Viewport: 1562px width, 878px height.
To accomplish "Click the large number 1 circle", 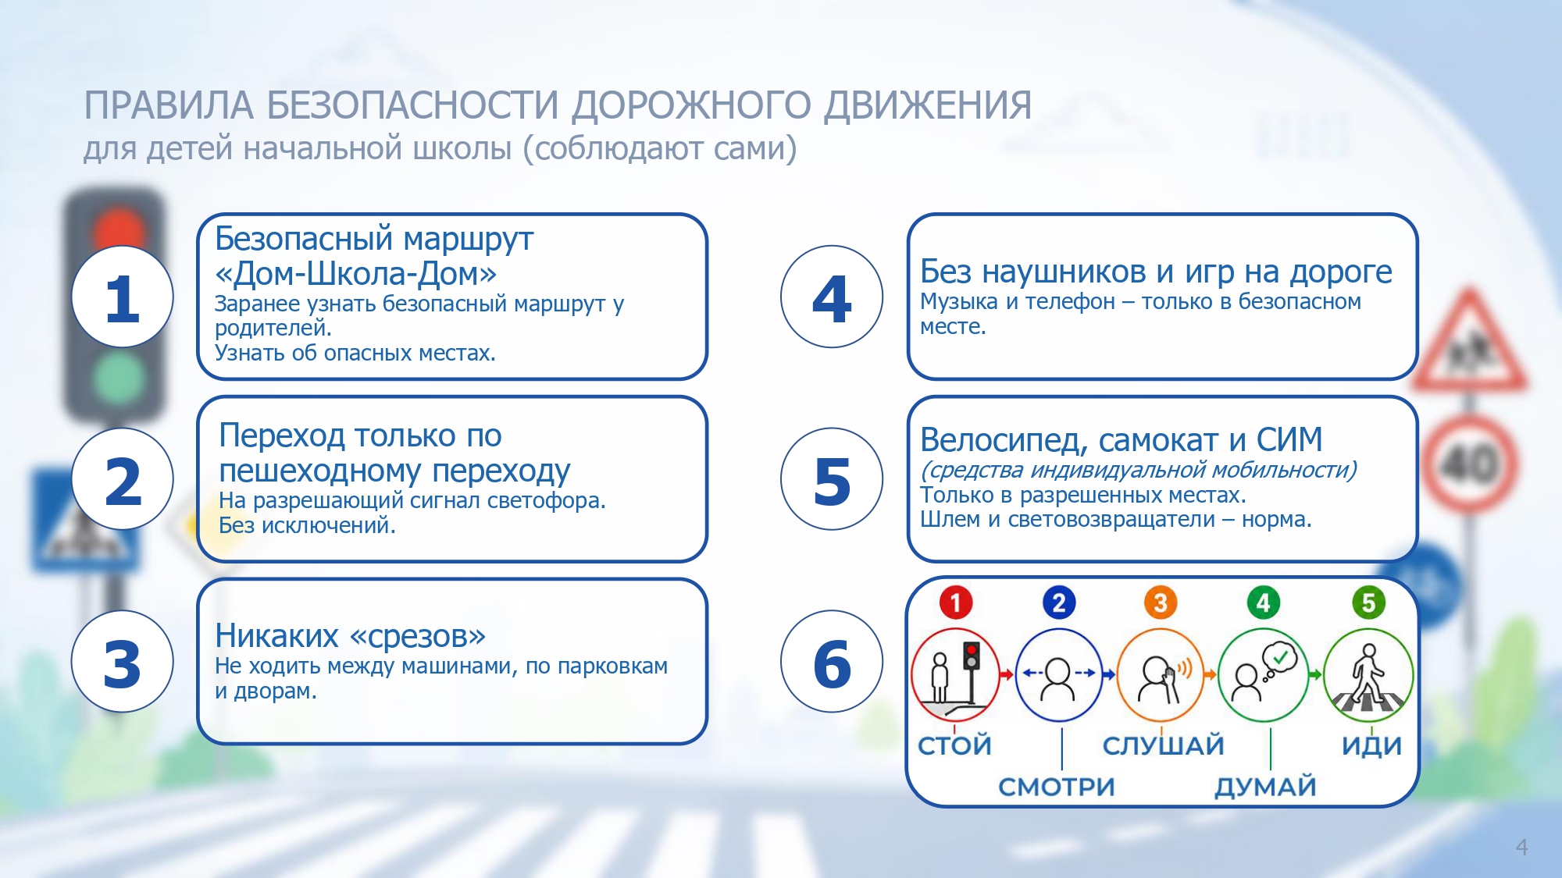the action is tap(123, 297).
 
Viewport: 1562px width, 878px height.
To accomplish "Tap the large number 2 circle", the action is tap(123, 479).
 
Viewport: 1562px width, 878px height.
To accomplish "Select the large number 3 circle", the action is tap(123, 661).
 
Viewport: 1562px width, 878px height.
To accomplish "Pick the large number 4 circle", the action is tap(832, 297).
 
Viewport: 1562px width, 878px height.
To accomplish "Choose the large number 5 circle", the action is tap(832, 479).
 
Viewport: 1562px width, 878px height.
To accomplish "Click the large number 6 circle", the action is tap(832, 661).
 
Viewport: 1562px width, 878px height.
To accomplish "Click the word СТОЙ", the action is tap(954, 745).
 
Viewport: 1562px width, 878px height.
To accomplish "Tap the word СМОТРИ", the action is tap(1057, 787).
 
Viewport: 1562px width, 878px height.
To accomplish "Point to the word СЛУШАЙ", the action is tap(1163, 745).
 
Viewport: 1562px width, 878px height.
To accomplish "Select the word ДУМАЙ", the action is tap(1265, 787).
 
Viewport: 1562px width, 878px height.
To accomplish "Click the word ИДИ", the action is tap(1371, 746).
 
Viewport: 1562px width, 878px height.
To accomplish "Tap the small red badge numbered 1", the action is tap(955, 603).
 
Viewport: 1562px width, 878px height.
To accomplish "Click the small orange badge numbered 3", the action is tap(1161, 603).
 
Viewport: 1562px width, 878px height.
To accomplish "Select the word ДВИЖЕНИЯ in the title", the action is tap(928, 105).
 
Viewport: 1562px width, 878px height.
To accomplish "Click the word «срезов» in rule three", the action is tap(418, 636).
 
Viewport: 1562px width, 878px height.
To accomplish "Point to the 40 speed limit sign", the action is tap(1469, 464).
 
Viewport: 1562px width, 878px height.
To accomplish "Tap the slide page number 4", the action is tap(1521, 847).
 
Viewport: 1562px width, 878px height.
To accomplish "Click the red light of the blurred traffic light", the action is tap(119, 230).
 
